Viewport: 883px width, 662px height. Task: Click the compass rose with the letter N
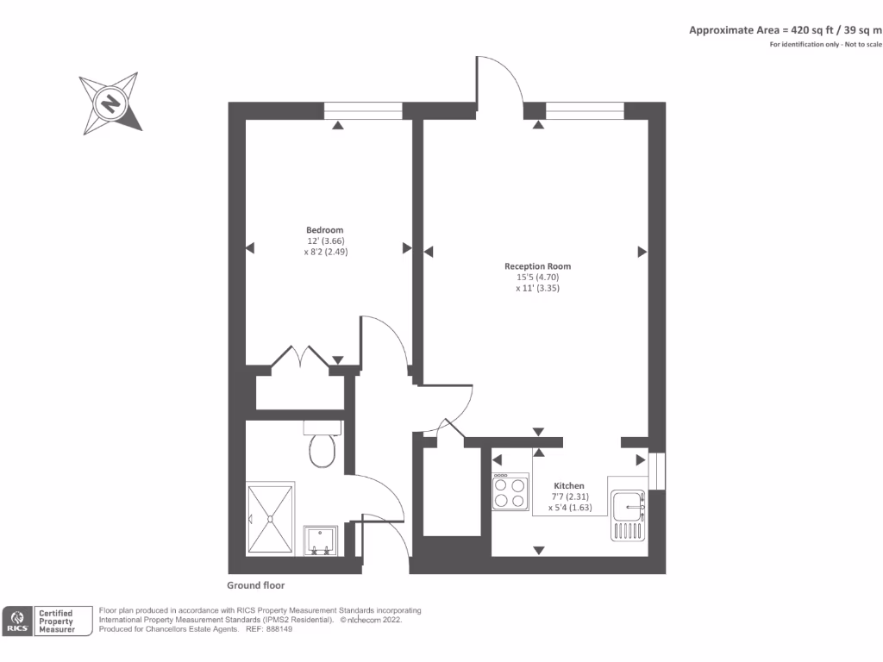point(110,103)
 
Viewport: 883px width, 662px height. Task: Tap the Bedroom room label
point(325,230)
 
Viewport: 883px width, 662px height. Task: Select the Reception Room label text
point(537,266)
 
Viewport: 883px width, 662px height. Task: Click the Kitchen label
point(569,486)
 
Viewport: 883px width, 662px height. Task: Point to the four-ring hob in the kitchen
point(510,491)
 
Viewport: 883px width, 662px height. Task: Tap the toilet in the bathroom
point(323,447)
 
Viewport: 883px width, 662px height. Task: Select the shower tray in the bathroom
point(270,519)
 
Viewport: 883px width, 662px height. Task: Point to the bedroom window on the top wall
point(363,109)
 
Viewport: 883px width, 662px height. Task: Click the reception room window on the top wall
point(585,109)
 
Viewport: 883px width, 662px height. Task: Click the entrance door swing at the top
point(498,82)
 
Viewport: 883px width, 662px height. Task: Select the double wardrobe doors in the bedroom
point(298,357)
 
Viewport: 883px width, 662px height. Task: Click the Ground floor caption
point(256,585)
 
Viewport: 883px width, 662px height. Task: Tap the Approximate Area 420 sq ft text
point(785,30)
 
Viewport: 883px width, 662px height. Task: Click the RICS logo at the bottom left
point(18,621)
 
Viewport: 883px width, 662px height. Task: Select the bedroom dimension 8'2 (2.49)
point(326,253)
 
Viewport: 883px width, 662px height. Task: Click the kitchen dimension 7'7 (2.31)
point(569,497)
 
